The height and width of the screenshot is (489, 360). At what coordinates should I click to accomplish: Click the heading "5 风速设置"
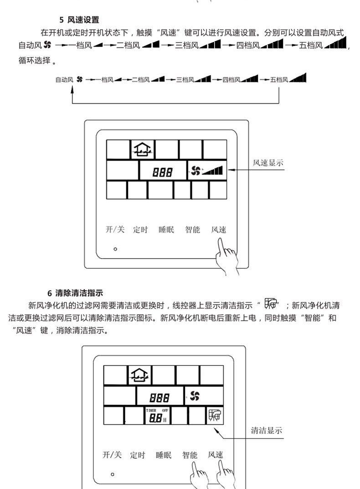(x=79, y=20)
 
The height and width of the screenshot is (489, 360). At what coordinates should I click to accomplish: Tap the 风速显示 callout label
(x=268, y=163)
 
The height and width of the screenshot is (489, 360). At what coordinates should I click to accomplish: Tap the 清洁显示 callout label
(x=267, y=430)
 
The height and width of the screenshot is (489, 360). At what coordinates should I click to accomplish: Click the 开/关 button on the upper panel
(x=115, y=229)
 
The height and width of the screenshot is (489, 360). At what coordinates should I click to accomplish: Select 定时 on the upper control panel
(x=140, y=230)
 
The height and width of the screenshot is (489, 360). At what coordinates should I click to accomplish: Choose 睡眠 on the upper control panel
(x=166, y=230)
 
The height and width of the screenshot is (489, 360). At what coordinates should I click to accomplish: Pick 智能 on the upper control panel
(x=192, y=230)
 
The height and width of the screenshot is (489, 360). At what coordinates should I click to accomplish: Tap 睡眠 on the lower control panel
(x=164, y=455)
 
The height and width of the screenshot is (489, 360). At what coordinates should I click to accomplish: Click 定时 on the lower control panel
(x=137, y=455)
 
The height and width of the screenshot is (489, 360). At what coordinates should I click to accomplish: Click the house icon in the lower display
(x=140, y=375)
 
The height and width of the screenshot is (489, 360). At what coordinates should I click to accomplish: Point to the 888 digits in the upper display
(x=162, y=172)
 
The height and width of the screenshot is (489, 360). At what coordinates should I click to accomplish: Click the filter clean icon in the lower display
(x=214, y=416)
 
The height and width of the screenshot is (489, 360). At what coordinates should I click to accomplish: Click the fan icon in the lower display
(x=195, y=395)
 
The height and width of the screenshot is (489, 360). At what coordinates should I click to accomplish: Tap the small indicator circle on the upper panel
(x=115, y=249)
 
